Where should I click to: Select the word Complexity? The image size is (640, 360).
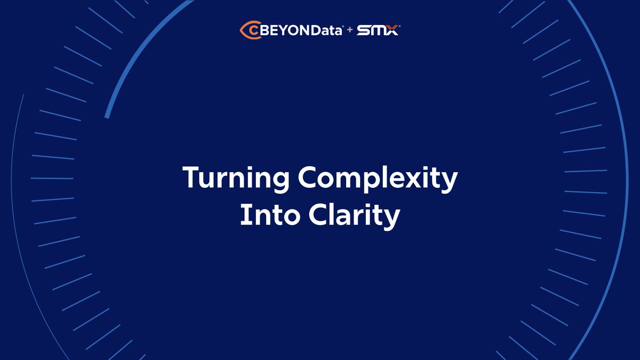[377, 179]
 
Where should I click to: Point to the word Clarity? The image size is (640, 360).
[353, 215]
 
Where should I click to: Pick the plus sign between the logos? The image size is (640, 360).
[350, 30]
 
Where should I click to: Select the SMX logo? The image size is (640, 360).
[378, 30]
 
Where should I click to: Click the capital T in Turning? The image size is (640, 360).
[190, 178]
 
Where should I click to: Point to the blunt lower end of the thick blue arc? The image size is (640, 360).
[107, 116]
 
